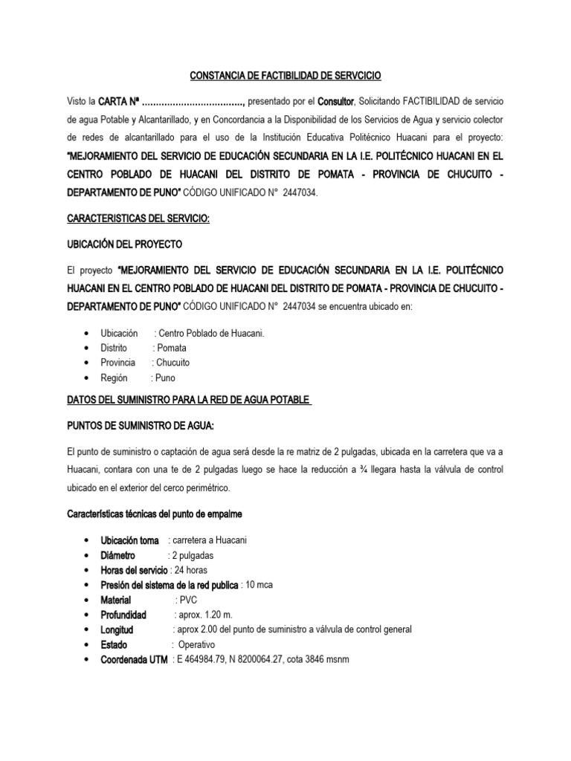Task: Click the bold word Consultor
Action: click(338, 100)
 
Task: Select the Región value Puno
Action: click(163, 378)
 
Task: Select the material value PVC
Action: click(184, 600)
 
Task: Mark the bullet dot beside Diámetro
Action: click(88, 554)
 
